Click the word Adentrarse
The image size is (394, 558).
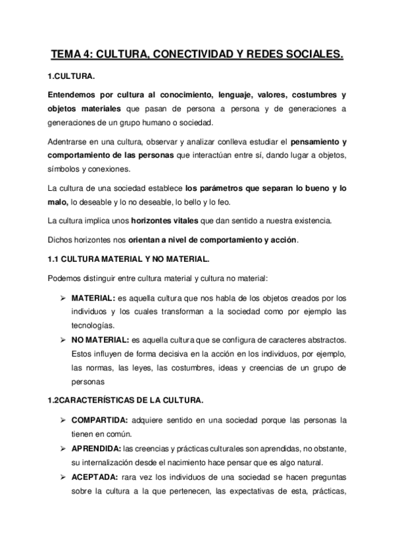coord(71,140)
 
